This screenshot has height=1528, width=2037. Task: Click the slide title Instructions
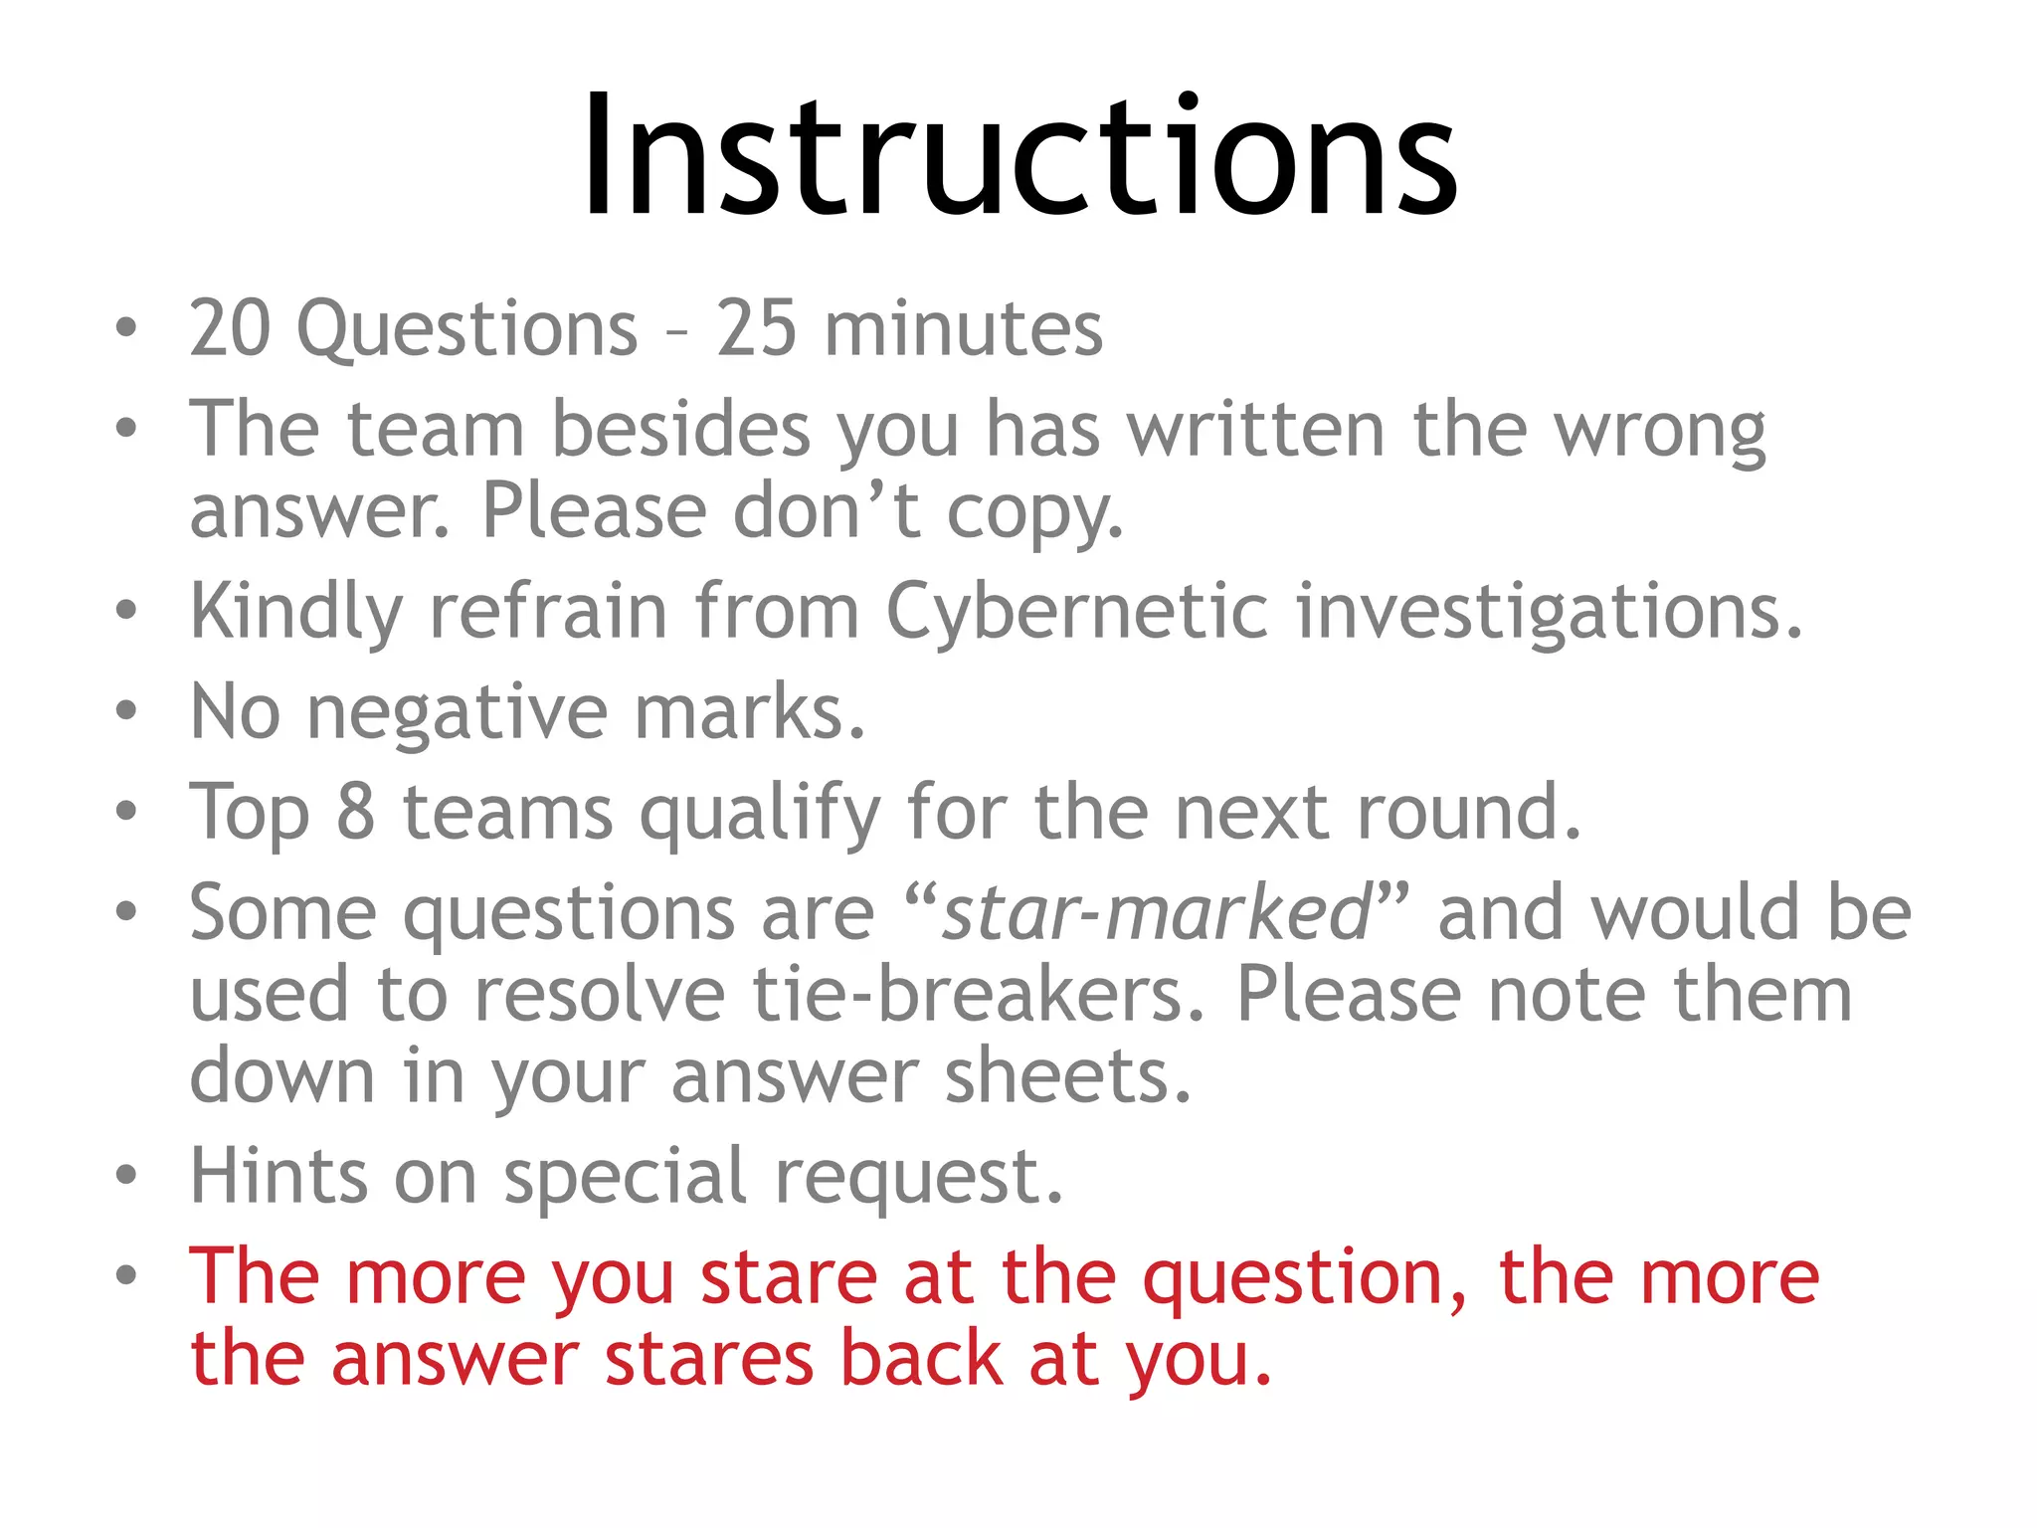pos(1018,157)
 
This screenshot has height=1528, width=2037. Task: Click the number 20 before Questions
pos(230,328)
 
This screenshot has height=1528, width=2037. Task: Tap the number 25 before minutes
pos(756,328)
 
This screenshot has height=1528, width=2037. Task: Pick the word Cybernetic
pos(1077,613)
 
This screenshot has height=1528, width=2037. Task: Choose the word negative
pos(457,714)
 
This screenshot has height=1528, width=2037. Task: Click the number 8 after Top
pos(355,814)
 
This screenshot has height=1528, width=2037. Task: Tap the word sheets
pos(1067,1076)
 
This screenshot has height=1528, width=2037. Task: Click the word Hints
pos(279,1176)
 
